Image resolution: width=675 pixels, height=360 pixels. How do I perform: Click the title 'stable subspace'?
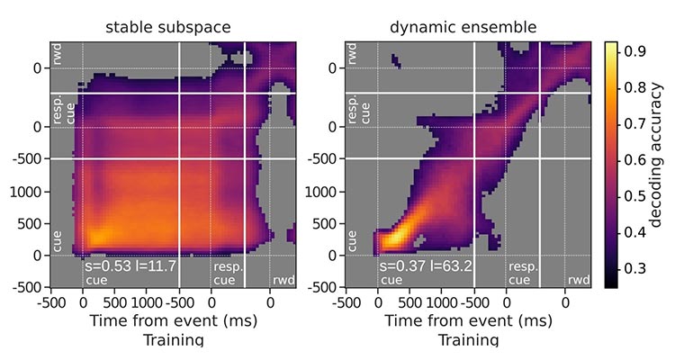[173, 27]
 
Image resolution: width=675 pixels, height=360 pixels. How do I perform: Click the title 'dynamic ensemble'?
[463, 27]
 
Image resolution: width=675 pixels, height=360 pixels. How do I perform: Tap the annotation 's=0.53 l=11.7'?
[129, 267]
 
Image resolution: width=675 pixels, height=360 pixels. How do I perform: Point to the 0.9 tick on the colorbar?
[634, 51]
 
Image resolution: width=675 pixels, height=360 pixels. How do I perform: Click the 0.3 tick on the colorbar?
[634, 268]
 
